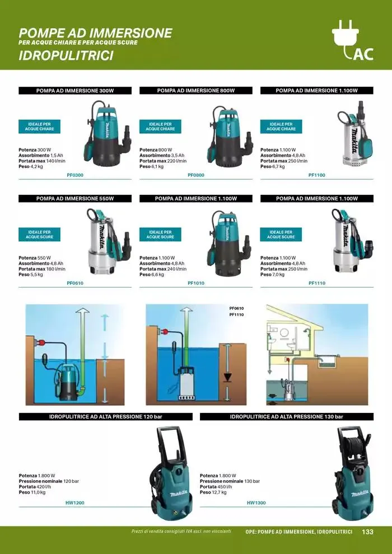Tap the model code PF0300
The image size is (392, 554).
pyautogui.click(x=75, y=175)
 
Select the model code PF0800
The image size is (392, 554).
pyautogui.click(x=196, y=175)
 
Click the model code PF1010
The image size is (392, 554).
pyautogui.click(x=196, y=283)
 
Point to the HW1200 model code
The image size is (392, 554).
pyautogui.click(x=75, y=503)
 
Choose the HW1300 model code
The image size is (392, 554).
pyautogui.click(x=256, y=503)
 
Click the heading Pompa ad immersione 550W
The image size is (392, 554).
pyautogui.click(x=75, y=199)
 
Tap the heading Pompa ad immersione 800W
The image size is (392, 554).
pyautogui.click(x=196, y=91)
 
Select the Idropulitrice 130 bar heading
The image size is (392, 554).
pyautogui.click(x=287, y=417)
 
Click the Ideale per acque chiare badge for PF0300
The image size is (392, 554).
pyautogui.click(x=39, y=126)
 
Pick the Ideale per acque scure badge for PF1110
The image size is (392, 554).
pyautogui.click(x=281, y=234)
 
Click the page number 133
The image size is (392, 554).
pyautogui.click(x=367, y=532)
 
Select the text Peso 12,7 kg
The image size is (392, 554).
pyautogui.click(x=213, y=492)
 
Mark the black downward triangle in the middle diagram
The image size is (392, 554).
pyautogui.click(x=227, y=377)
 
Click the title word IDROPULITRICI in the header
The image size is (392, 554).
pyautogui.click(x=66, y=56)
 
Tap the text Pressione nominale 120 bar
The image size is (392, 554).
pyautogui.click(x=49, y=481)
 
